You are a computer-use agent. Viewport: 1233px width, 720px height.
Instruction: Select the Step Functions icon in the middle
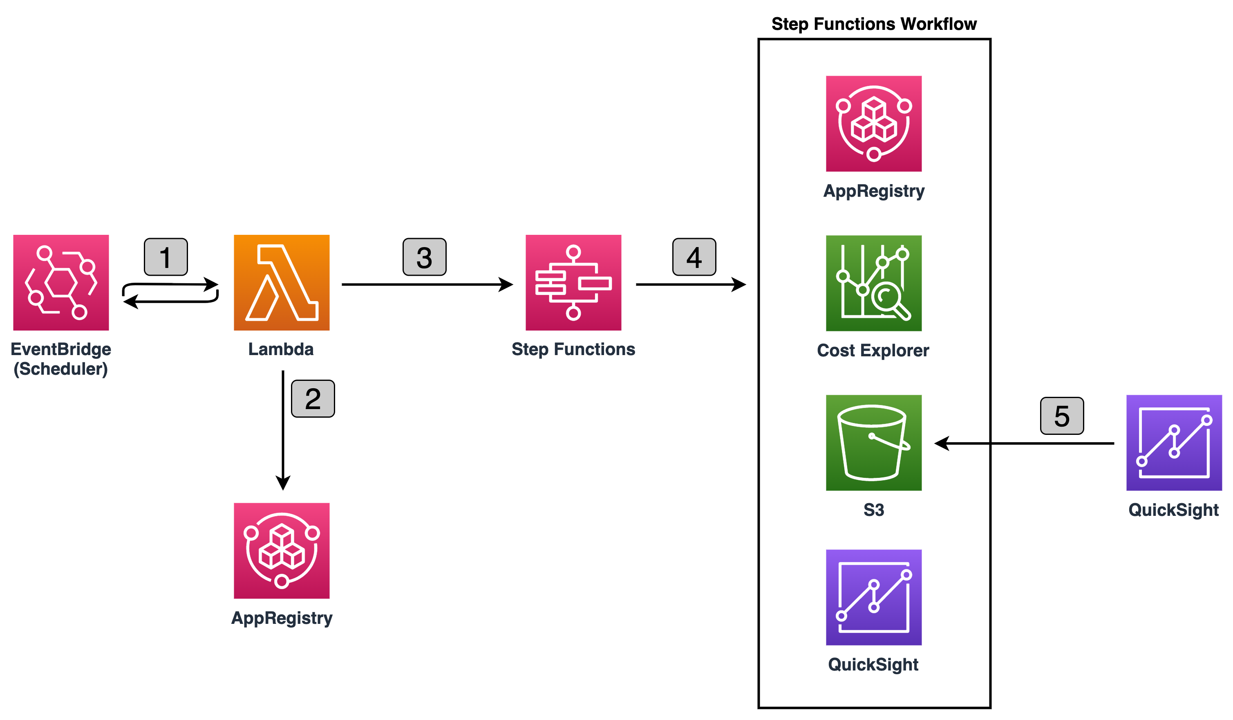tap(573, 283)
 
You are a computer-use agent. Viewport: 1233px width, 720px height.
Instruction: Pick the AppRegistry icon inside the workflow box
tap(873, 124)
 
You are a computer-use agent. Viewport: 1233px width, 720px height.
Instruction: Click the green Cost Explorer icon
tap(873, 283)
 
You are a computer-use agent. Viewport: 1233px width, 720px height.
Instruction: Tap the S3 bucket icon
tap(873, 443)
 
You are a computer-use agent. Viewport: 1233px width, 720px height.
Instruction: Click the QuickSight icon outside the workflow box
tap(1174, 443)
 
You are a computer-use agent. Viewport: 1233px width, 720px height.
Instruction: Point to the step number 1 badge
tap(166, 257)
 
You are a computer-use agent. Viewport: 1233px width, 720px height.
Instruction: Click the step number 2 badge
tap(313, 399)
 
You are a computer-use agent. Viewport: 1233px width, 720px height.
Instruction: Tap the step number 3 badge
tap(424, 257)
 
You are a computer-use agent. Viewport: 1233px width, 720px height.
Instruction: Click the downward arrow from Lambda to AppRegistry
tap(283, 426)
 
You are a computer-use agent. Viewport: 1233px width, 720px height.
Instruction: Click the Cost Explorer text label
tap(873, 351)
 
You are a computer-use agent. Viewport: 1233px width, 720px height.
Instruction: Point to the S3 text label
tap(873, 510)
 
